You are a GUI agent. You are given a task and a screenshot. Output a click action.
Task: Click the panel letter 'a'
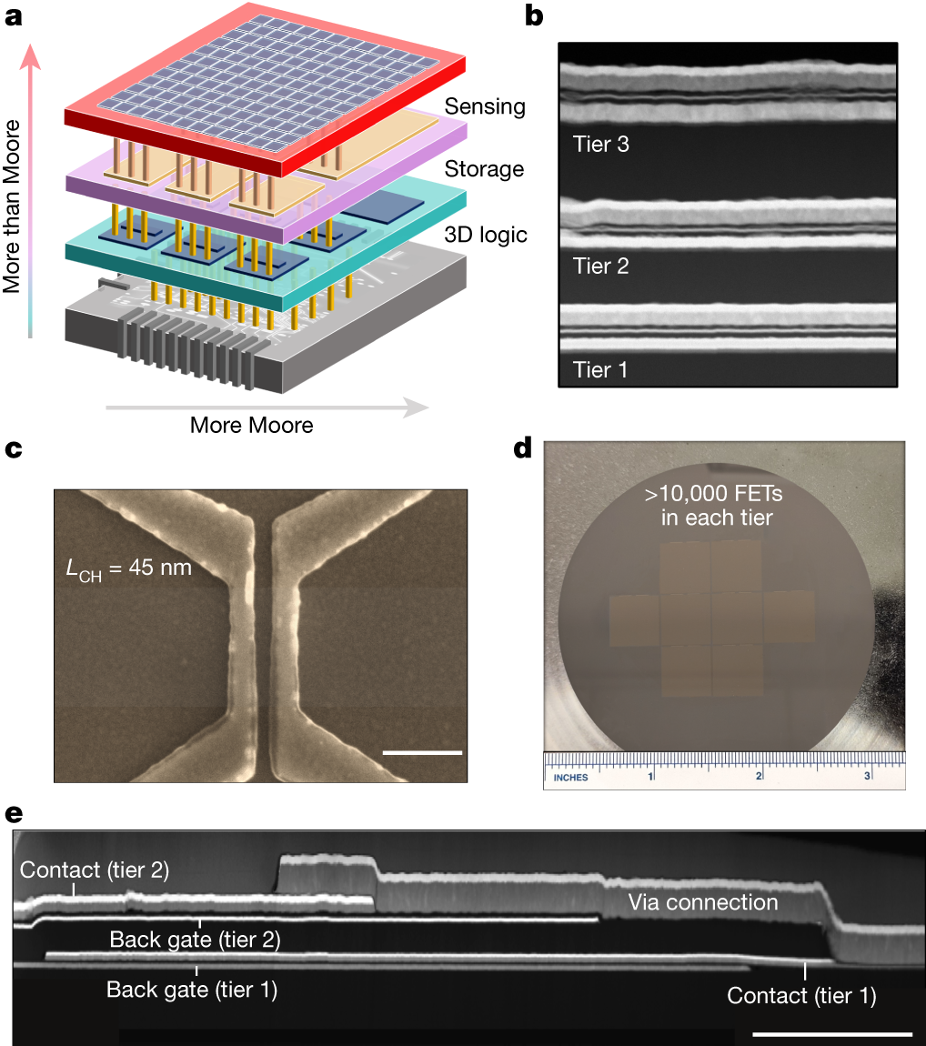coord(14,17)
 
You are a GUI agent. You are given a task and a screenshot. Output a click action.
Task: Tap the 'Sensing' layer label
coord(485,106)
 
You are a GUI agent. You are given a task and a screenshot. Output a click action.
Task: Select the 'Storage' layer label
coord(484,169)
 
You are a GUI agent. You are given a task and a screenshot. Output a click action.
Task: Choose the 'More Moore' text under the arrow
coord(251,425)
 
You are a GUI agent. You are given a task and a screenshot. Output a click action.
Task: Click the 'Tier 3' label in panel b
coord(600,144)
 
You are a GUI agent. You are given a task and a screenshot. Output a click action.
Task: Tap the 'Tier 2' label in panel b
coord(600,267)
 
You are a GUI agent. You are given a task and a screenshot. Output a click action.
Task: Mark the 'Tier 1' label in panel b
coord(600,370)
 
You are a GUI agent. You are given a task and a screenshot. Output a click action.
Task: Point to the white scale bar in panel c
coord(423,752)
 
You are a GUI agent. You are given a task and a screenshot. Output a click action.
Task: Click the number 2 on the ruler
coord(759,776)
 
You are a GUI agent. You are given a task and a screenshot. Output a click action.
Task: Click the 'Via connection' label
coord(703,902)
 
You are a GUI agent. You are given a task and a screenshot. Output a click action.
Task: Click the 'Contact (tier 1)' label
coord(801,996)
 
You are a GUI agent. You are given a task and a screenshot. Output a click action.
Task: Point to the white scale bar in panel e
coord(832,1033)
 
